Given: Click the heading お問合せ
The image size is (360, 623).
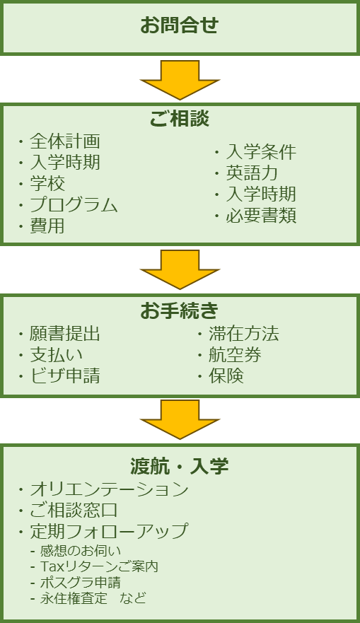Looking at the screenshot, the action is (180, 25).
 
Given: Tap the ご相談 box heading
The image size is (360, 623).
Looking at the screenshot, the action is (180, 118).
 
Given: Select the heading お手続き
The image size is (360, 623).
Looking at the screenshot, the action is (180, 310).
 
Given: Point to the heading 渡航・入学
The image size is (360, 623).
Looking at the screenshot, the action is (180, 466).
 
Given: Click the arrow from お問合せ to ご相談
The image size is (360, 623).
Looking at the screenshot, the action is (180, 79).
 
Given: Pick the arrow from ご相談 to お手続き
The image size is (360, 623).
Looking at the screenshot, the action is (180, 269).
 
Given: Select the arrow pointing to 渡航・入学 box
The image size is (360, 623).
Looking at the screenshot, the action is (180, 419).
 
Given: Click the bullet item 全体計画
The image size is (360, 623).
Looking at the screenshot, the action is (65, 141).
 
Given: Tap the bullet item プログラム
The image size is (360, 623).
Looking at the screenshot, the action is (74, 204).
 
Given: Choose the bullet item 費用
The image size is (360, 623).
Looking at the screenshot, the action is (47, 226).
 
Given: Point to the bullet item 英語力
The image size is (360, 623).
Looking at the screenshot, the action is (252, 173).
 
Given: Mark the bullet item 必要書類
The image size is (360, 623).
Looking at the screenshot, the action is (261, 216).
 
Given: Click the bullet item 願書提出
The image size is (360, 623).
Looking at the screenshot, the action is (65, 334).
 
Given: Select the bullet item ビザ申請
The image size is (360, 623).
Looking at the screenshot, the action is (65, 375).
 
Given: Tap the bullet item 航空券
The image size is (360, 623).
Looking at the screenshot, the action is (235, 355).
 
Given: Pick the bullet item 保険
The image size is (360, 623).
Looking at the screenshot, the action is (226, 375).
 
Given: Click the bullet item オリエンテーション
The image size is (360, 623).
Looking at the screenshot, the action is (109, 489).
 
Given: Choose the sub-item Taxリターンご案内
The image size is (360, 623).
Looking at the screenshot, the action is (99, 566).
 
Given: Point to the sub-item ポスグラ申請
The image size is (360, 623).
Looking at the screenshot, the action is (80, 582).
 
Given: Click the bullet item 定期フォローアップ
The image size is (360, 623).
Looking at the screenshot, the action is (108, 531).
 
